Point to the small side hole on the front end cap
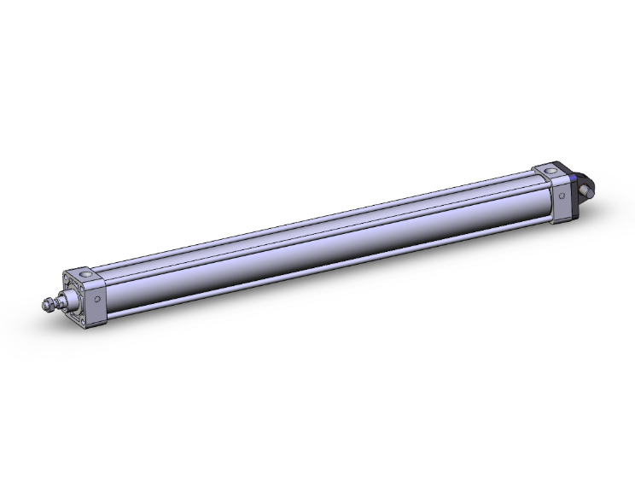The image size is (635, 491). (x=98, y=300)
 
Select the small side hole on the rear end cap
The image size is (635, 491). (x=562, y=196)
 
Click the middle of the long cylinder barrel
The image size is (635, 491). (x=324, y=248)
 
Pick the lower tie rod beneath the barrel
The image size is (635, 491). (x=324, y=272)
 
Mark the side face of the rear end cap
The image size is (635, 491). (x=559, y=198)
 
